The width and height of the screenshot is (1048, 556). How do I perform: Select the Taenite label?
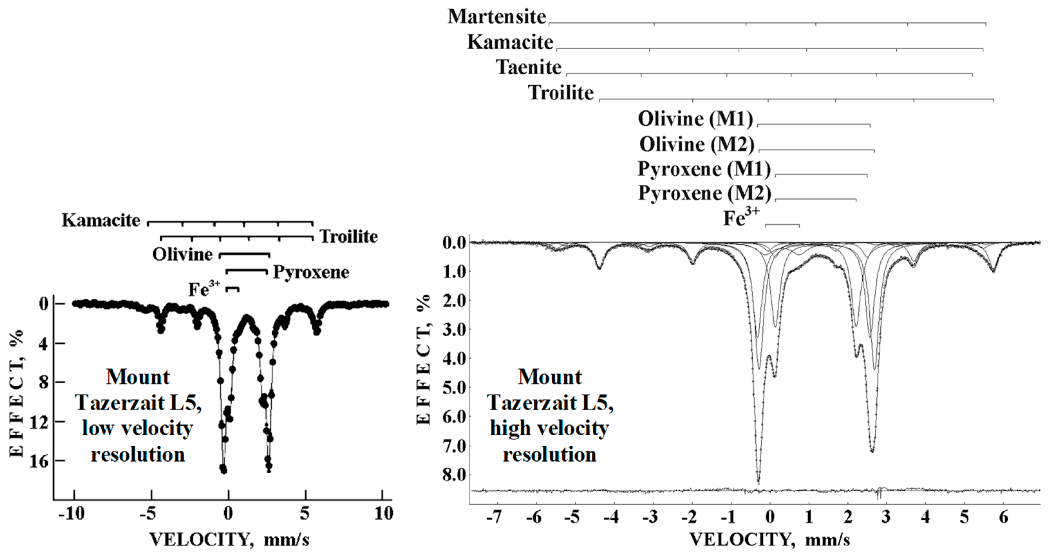(528, 67)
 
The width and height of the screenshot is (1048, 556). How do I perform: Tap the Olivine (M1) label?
(695, 119)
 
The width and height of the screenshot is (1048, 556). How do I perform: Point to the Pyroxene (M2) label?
(704, 193)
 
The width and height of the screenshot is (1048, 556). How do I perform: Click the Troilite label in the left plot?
(349, 236)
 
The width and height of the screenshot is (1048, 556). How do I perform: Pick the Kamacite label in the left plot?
(101, 220)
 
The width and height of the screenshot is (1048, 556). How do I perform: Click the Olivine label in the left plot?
(182, 255)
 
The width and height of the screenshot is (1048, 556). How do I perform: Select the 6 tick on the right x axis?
(1004, 518)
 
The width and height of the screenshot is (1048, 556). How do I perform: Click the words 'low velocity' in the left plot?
(137, 428)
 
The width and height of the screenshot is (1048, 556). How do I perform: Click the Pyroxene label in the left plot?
(311, 272)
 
